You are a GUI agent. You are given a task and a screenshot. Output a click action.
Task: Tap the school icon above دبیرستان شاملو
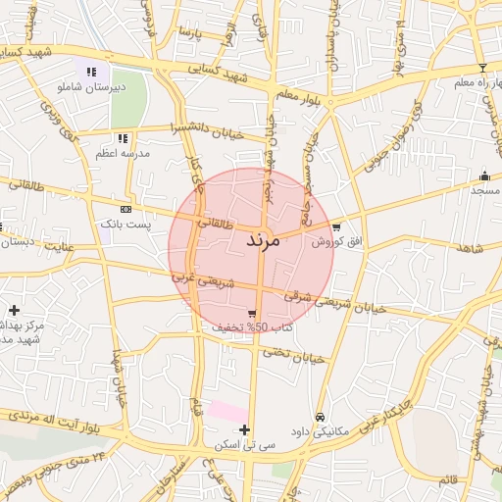[x=91, y=72]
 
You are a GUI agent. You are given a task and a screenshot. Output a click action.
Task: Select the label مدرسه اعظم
[x=120, y=155]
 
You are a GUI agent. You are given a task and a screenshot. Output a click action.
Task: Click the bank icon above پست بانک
[x=125, y=210]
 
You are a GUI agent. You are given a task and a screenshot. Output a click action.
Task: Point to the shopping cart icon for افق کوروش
[x=336, y=226]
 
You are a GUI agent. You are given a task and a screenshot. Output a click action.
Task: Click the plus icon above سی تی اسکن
[x=244, y=429]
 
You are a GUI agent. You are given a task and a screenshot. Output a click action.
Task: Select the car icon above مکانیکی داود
[x=320, y=417]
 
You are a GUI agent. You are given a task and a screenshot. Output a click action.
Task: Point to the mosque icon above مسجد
[x=484, y=176]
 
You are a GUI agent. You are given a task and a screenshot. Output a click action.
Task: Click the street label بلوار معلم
[x=299, y=95]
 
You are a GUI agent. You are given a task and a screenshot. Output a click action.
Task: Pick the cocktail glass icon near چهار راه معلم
[x=481, y=68]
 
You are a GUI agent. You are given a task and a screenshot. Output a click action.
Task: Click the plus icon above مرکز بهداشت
[x=14, y=310]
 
